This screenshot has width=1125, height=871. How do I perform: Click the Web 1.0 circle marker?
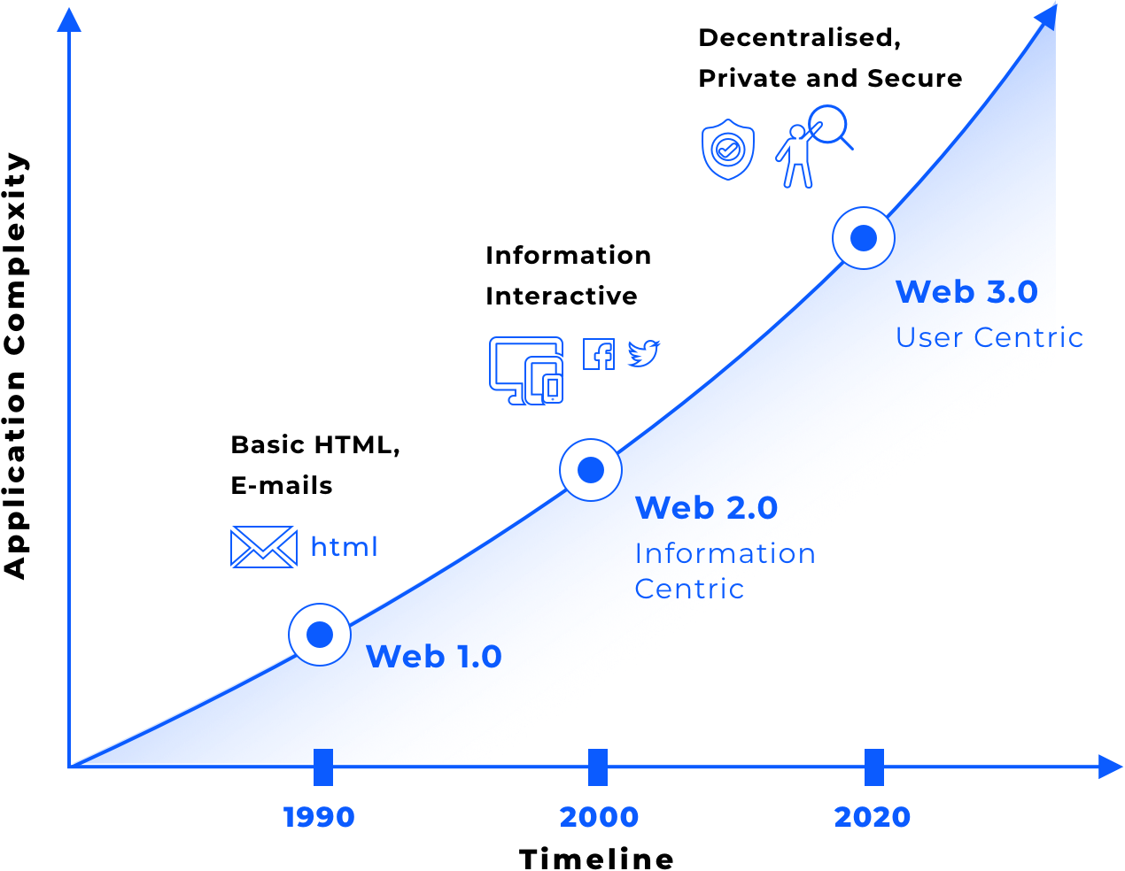(x=320, y=635)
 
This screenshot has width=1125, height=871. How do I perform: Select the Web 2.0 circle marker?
(x=591, y=470)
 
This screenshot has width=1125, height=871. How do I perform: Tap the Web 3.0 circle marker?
(x=864, y=238)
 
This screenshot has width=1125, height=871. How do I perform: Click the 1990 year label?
(x=319, y=817)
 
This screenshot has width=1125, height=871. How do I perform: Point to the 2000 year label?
(x=599, y=817)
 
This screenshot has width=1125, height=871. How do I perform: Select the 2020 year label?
(x=873, y=817)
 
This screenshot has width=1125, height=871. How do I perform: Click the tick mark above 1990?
(x=323, y=767)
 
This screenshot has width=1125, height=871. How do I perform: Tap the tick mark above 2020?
(x=874, y=767)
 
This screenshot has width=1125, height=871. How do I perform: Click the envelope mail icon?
(x=264, y=546)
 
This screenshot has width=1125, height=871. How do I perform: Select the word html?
(x=345, y=547)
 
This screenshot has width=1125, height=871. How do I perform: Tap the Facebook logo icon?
(x=599, y=354)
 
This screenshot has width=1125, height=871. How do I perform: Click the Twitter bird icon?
(x=644, y=353)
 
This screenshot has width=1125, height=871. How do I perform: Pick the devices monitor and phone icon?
(x=527, y=370)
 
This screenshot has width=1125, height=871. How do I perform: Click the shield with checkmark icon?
(x=728, y=150)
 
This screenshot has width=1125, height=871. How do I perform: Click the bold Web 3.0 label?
(x=966, y=292)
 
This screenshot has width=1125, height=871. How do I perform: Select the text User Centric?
(x=989, y=337)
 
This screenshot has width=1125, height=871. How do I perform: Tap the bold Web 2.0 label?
(x=707, y=508)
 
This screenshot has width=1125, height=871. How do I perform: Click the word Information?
(x=725, y=553)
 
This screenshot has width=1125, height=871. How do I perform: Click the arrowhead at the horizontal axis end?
(x=1110, y=767)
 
